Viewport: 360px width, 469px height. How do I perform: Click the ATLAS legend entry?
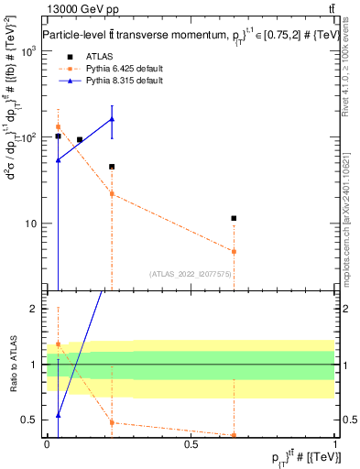(87, 56)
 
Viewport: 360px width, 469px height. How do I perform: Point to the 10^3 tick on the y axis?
(30, 50)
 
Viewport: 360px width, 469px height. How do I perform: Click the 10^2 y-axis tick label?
(30, 137)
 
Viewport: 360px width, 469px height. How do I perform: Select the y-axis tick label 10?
(33, 224)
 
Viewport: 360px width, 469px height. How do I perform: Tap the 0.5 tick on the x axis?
(191, 443)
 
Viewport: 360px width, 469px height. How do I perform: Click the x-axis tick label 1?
(335, 443)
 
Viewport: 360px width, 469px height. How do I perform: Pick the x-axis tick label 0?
(47, 443)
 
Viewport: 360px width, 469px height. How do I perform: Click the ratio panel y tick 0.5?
(32, 420)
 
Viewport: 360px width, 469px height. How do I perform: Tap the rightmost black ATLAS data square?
(235, 218)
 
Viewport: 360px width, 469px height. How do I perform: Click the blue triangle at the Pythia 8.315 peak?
(112, 119)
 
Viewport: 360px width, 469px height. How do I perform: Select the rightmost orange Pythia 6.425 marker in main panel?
(235, 251)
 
